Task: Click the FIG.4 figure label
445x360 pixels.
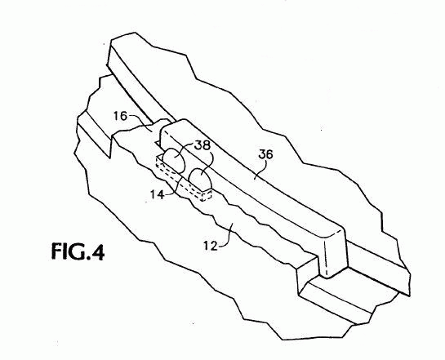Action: [x=78, y=251]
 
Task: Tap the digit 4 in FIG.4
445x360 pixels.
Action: [x=97, y=251]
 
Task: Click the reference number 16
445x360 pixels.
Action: [x=121, y=116]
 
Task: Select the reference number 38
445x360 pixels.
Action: [x=202, y=145]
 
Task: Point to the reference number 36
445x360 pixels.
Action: [x=265, y=154]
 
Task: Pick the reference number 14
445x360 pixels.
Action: [x=158, y=194]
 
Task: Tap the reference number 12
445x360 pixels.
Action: [x=211, y=246]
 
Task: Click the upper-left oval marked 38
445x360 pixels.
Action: [x=174, y=160]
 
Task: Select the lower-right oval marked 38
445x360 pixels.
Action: [x=200, y=180]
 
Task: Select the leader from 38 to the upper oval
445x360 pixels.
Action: [x=185, y=149]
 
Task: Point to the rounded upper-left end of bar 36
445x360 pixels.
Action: [x=173, y=127]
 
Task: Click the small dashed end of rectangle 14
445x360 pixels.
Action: [x=207, y=196]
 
